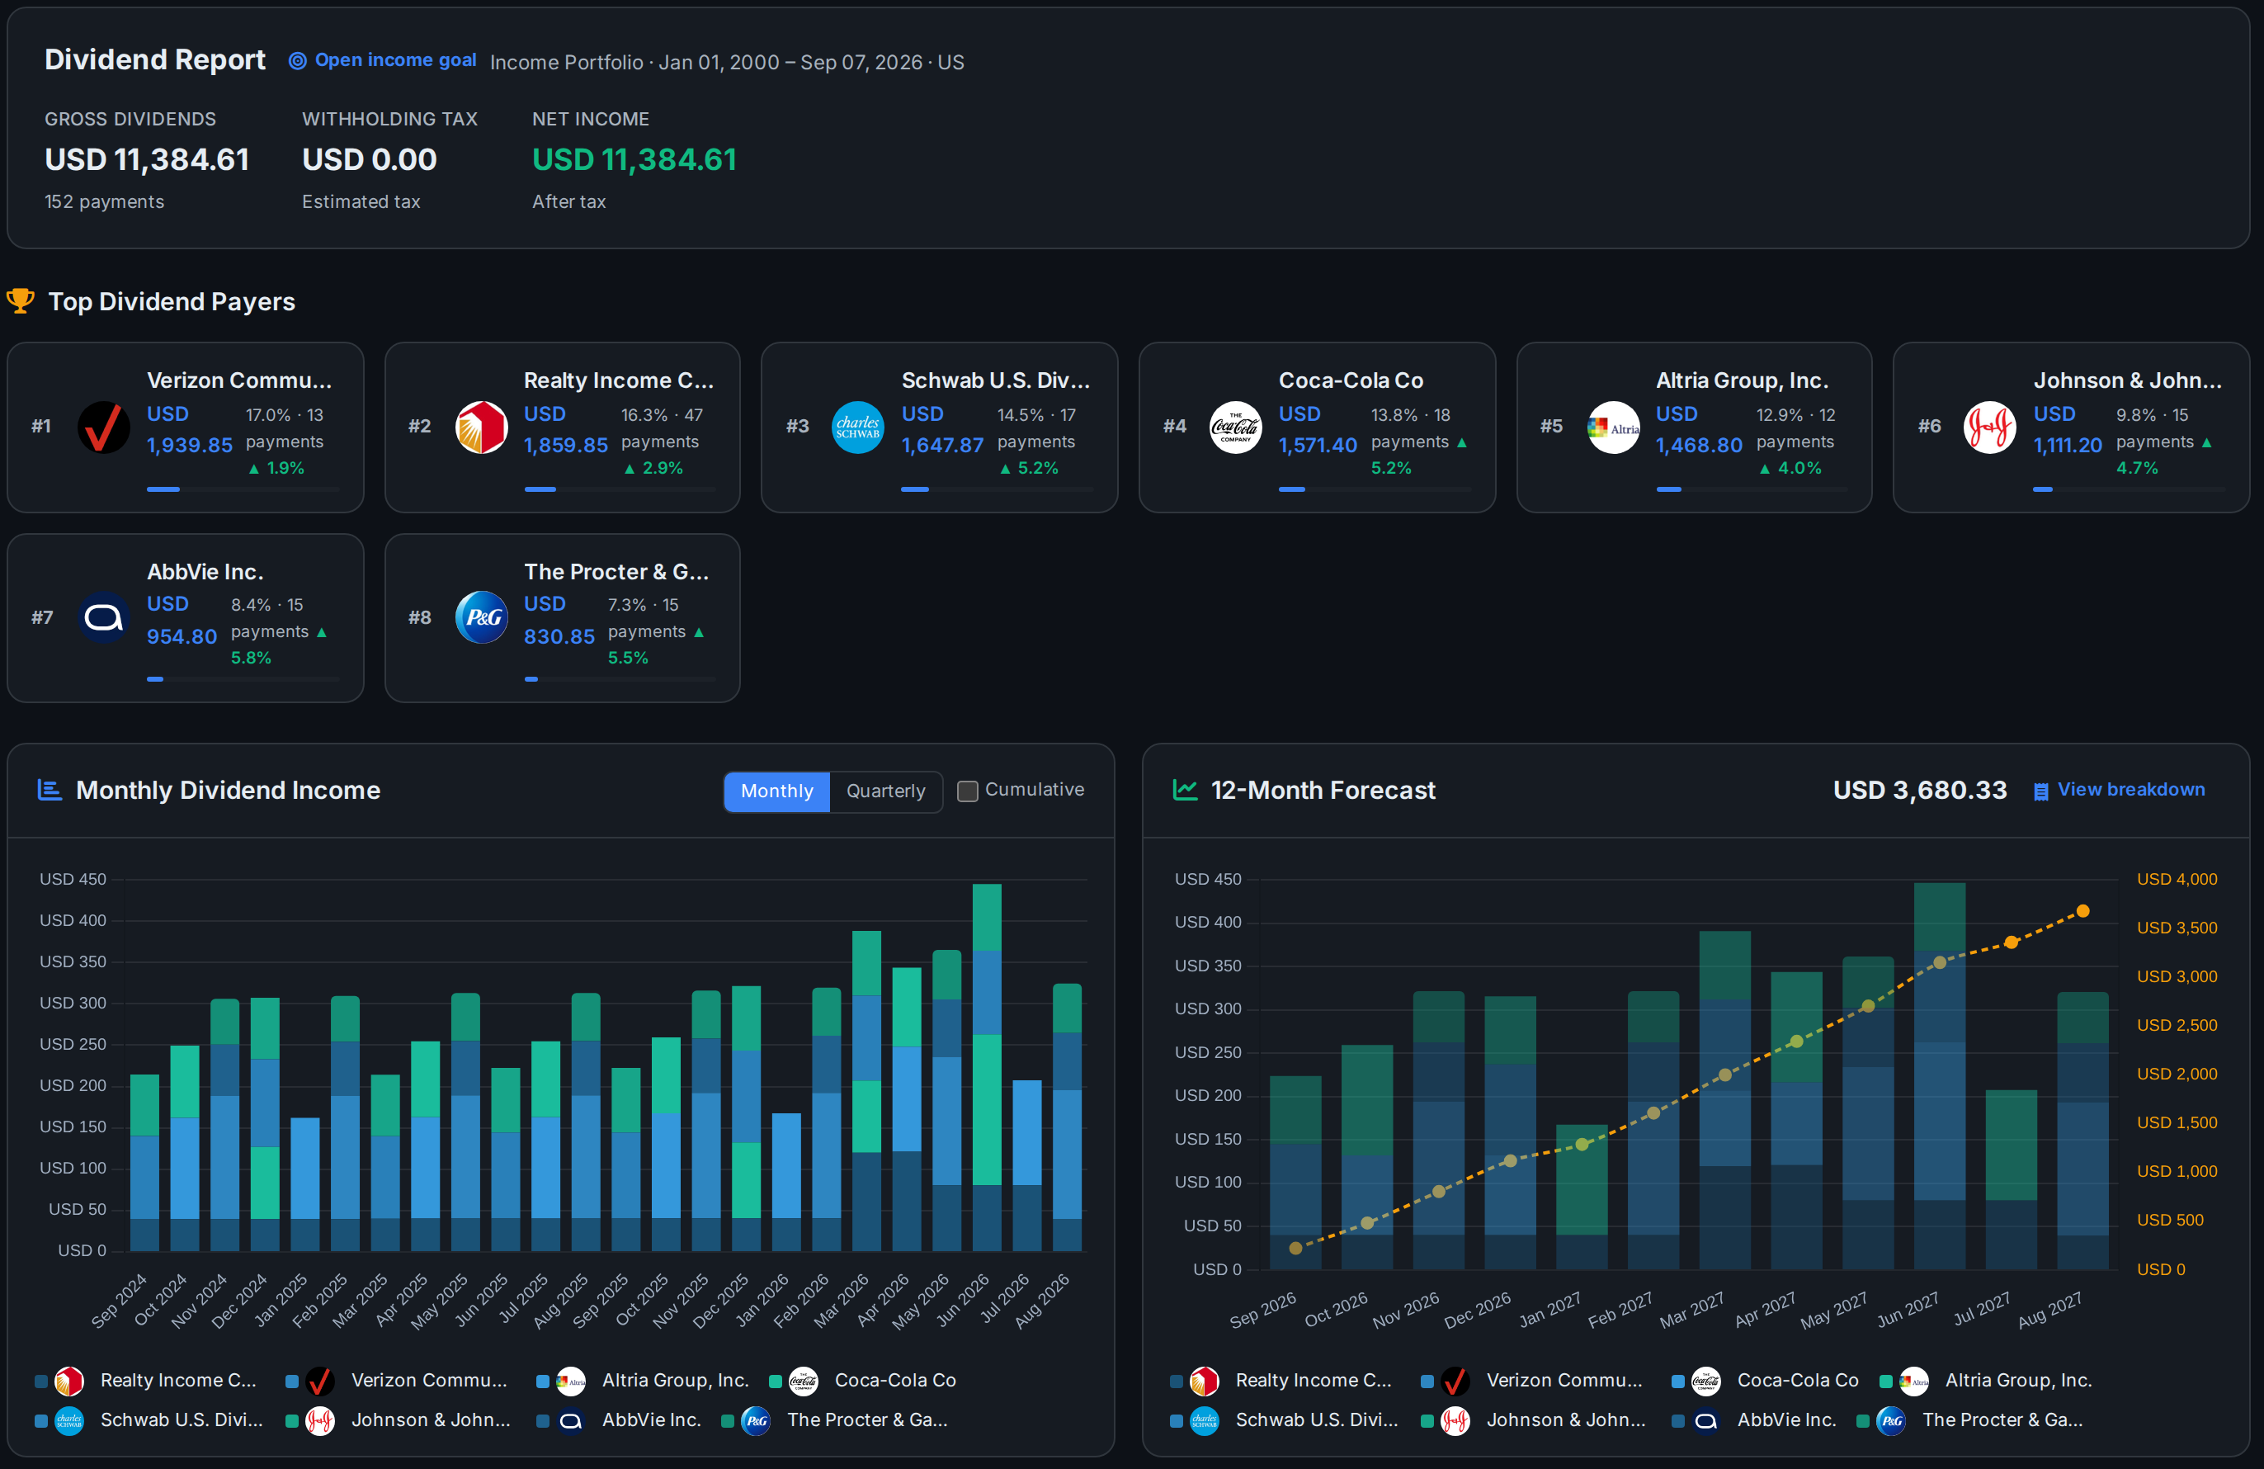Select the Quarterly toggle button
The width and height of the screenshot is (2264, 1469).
tap(885, 791)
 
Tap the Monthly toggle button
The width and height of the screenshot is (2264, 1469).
tap(777, 791)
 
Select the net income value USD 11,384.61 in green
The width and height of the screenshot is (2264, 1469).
tap(634, 159)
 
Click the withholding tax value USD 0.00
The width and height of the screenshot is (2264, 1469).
tap(369, 159)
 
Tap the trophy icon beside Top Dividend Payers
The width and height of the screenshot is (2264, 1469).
tap(20, 300)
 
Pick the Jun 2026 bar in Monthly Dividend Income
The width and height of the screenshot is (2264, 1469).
tap(987, 1066)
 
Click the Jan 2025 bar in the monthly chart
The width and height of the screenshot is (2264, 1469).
tap(304, 1183)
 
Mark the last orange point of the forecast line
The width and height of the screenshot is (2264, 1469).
tap(2082, 911)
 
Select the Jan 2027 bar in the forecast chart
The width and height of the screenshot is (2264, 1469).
tap(1582, 1197)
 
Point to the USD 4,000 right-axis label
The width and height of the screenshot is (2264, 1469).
tap(2177, 879)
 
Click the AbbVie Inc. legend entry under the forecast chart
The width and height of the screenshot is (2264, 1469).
tap(1758, 1419)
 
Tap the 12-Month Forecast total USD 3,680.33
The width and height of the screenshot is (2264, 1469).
tap(1920, 790)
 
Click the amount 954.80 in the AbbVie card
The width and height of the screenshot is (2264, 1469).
tap(182, 636)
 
